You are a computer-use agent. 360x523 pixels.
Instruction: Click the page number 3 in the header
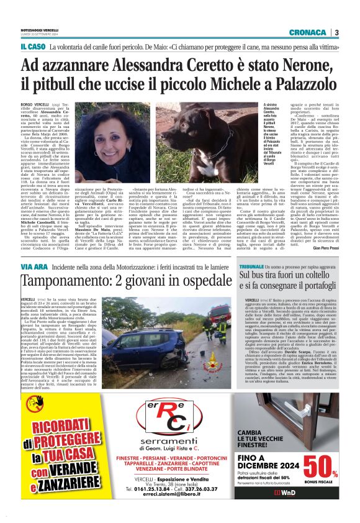pyautogui.click(x=336, y=32)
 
